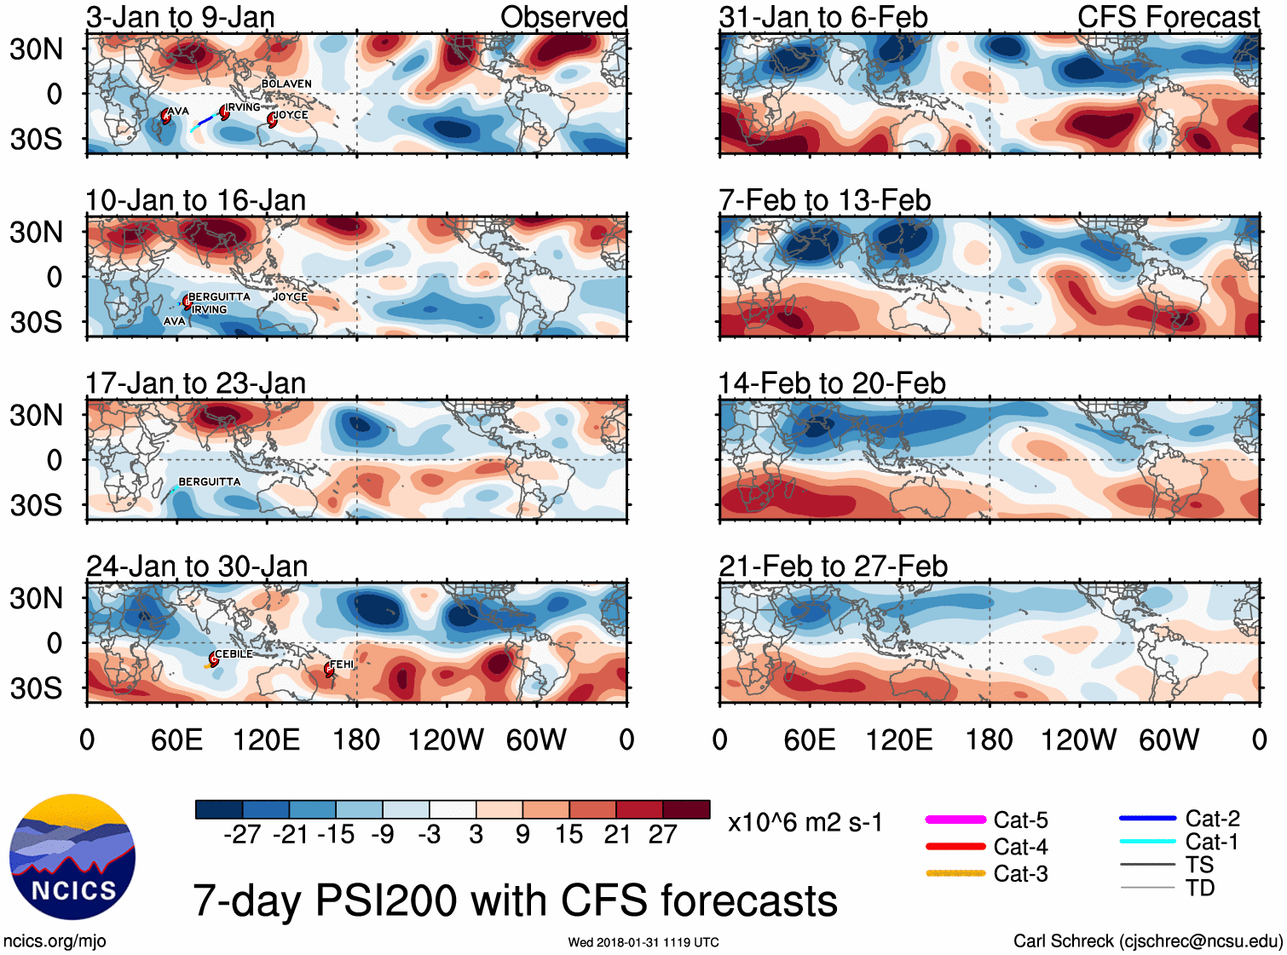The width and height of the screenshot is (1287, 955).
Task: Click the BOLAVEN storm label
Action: click(286, 83)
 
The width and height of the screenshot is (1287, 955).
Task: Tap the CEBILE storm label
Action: click(234, 654)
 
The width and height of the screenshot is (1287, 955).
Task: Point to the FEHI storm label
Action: click(341, 664)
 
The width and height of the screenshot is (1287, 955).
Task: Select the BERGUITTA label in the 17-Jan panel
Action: click(210, 482)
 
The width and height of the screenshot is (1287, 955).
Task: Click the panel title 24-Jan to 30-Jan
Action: click(197, 567)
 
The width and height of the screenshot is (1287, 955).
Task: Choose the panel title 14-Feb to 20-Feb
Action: click(832, 383)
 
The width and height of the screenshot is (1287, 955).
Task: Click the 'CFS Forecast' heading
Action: click(1168, 17)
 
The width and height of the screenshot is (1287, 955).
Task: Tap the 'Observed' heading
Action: click(563, 17)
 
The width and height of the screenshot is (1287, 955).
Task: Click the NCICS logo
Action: click(72, 857)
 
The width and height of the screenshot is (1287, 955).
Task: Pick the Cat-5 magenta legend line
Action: click(955, 820)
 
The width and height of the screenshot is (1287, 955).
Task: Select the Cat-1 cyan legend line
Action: click(1147, 842)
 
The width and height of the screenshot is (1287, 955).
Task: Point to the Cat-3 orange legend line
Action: click(955, 873)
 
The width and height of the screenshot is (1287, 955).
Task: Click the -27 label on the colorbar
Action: click(242, 835)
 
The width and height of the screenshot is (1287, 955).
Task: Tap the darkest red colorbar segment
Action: click(686, 809)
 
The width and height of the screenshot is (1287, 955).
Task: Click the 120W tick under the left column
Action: click(446, 739)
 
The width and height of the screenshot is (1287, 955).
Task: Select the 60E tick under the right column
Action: click(810, 739)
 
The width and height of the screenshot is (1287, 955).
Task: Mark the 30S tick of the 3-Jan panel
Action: click(36, 139)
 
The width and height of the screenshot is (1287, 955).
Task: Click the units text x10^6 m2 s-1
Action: click(805, 823)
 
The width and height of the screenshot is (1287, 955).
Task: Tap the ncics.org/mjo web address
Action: click(55, 941)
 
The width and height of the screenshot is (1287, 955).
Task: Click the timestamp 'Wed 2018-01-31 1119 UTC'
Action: click(643, 942)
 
